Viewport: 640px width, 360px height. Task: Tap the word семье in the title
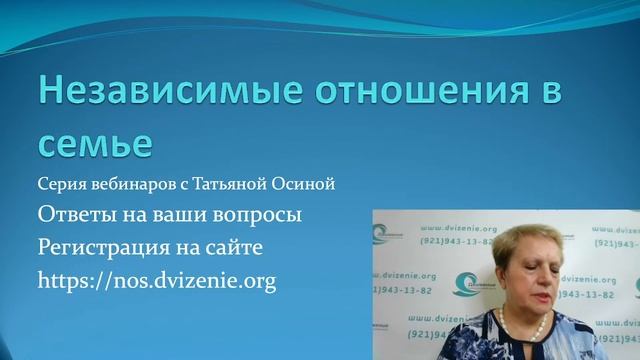(95, 143)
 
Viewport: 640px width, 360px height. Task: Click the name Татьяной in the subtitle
(232, 185)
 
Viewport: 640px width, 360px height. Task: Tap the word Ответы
(77, 215)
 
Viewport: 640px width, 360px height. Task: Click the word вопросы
(257, 216)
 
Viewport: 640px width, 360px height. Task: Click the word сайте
(239, 247)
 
